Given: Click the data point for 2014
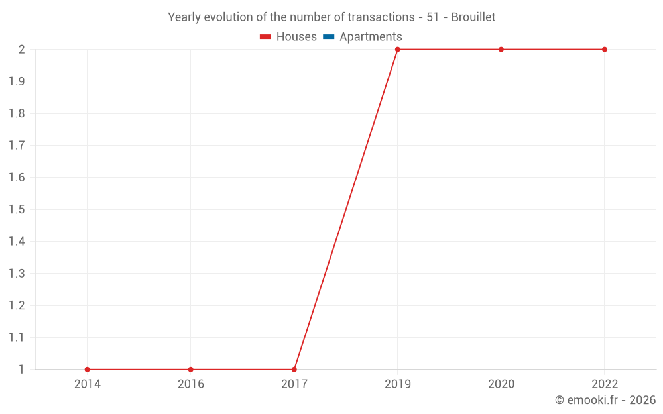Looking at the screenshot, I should tap(88, 370).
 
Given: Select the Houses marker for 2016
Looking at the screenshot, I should tap(191, 370).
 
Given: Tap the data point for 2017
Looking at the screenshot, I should tap(294, 370).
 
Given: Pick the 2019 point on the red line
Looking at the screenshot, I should tap(398, 50).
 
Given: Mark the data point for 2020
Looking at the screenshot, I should tap(501, 50).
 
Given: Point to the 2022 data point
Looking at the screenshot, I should tap(605, 50).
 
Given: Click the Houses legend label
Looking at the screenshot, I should tap(296, 37).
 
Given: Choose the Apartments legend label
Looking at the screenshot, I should tap(371, 37).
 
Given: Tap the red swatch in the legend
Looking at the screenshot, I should tap(266, 37).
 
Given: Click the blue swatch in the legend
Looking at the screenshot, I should tap(329, 37).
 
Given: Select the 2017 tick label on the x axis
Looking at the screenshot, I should tap(294, 384).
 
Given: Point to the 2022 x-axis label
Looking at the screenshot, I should tap(605, 384).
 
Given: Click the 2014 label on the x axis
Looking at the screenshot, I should tap(88, 384).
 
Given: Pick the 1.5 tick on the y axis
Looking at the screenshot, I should tap(17, 209).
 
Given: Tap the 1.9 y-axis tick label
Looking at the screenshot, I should tap(17, 81).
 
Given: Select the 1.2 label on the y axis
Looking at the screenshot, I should tap(17, 305).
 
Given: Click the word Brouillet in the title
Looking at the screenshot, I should tap(473, 17).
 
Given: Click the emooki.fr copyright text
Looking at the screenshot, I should tap(605, 400).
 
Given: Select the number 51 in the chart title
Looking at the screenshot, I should tap(432, 17).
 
